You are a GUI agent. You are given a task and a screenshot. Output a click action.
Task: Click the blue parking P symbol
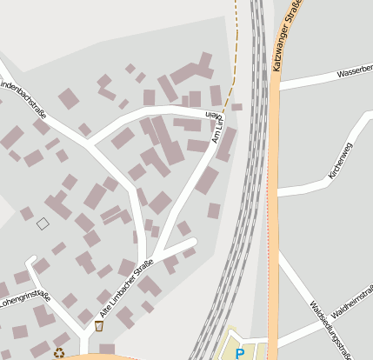click(x=240, y=353)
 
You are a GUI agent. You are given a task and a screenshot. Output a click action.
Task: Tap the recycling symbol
click(x=59, y=353)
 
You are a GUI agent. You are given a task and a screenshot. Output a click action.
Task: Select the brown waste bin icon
click(x=98, y=326)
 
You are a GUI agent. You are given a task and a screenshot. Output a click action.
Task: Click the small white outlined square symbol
click(x=43, y=223)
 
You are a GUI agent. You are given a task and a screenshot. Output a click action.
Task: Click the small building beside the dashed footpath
click(x=236, y=107)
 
